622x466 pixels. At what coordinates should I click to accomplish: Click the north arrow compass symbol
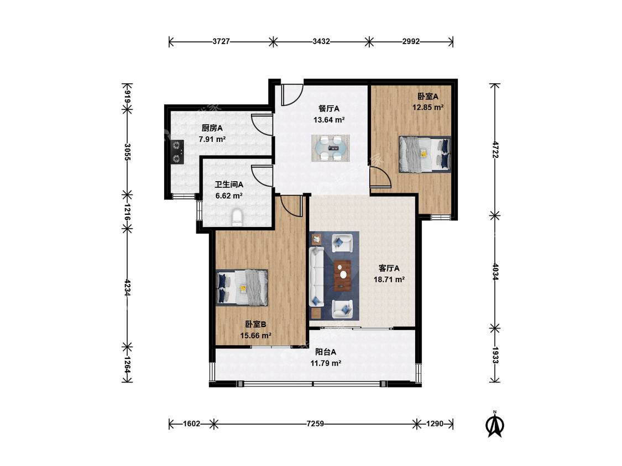tap(495, 425)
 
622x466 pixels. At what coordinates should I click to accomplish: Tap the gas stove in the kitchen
tap(177, 152)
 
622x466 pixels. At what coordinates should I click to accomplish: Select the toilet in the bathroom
tap(237, 218)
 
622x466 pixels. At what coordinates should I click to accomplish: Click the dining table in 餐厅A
tap(331, 148)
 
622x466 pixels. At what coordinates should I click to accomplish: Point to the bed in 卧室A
tap(425, 154)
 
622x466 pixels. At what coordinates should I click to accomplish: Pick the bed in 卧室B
tap(242, 288)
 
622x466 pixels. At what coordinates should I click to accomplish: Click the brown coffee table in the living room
tap(342, 276)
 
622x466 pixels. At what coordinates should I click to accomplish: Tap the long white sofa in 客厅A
tap(317, 276)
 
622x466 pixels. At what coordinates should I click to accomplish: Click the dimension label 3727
tap(221, 41)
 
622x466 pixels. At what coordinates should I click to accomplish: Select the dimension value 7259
tap(315, 423)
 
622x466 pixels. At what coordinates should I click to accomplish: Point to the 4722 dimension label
tap(495, 150)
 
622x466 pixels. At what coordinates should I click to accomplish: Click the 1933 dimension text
tap(495, 355)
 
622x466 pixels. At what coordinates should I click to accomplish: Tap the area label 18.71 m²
tap(389, 279)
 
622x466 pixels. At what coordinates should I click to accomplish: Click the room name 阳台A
tap(326, 352)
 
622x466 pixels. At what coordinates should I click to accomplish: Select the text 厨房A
tap(212, 128)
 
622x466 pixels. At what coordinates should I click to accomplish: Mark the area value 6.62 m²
tap(229, 196)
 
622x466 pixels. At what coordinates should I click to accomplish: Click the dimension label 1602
tap(192, 423)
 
